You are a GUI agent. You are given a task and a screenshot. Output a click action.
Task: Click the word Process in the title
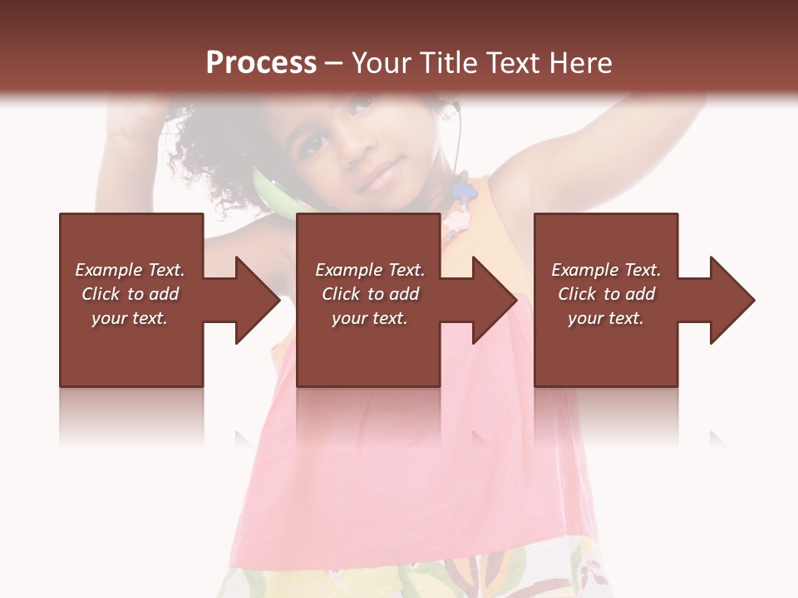pos(261,63)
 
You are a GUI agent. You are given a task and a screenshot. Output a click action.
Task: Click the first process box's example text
pos(130,294)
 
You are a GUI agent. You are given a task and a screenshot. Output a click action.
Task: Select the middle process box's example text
pos(370,294)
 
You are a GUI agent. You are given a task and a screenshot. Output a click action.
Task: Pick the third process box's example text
pos(606,294)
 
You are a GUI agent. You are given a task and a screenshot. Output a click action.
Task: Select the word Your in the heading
pos(382,63)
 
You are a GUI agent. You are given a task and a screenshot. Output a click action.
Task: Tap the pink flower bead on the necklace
pos(456,220)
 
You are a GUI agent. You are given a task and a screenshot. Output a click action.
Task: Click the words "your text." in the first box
pos(130,318)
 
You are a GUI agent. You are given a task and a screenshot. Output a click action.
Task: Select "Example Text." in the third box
pos(606,270)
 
